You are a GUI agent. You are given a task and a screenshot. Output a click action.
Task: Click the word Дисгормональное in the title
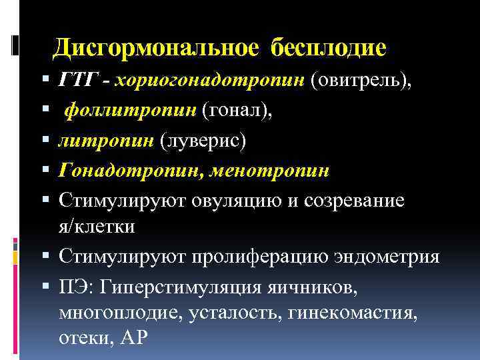[x=158, y=47]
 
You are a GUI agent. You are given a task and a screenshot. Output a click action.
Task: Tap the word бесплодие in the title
[x=329, y=47]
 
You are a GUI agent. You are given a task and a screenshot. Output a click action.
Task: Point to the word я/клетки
[x=96, y=226]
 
